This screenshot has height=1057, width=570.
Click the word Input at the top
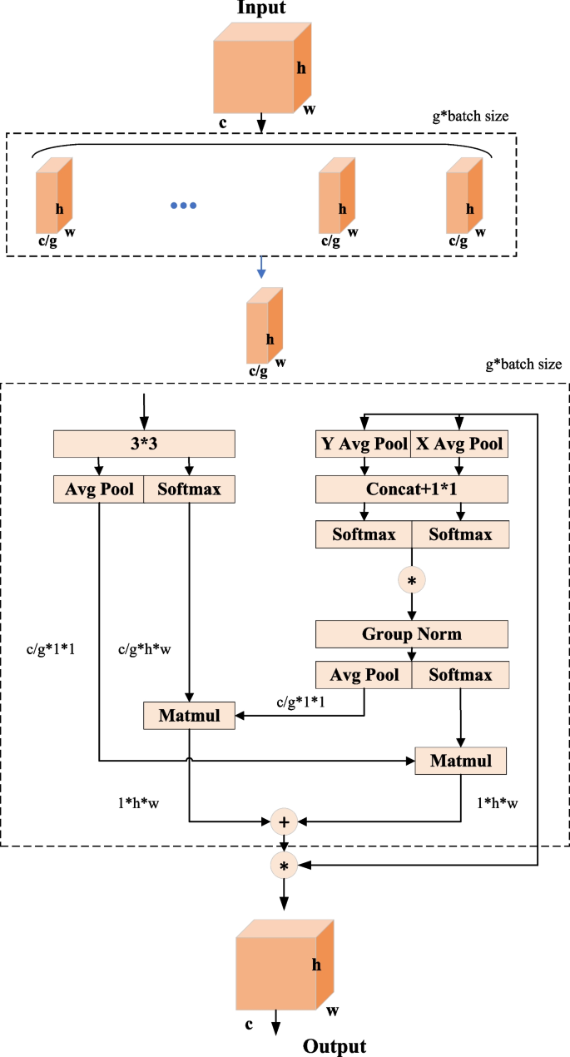(x=261, y=8)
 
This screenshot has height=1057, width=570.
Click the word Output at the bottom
(x=335, y=1046)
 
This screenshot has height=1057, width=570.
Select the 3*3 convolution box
(x=145, y=444)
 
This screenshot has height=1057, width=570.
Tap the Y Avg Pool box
(x=363, y=444)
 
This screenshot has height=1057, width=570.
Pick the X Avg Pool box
(x=458, y=444)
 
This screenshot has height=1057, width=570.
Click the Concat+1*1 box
(x=411, y=489)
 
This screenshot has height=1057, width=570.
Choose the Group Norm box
(x=411, y=634)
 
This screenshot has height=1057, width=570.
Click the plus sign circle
(x=285, y=821)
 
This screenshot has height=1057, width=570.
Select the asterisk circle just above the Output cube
(x=285, y=866)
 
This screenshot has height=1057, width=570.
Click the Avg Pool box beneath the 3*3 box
(x=99, y=489)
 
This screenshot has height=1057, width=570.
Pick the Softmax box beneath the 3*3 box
(x=190, y=489)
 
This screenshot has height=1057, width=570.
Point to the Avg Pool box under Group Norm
(x=363, y=674)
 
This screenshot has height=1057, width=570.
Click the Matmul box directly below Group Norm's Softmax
(x=460, y=760)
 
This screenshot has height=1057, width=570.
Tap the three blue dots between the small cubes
(x=183, y=206)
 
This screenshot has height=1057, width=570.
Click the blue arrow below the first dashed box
(x=262, y=267)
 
